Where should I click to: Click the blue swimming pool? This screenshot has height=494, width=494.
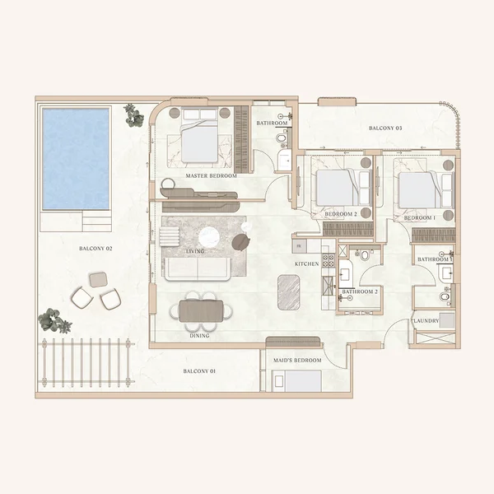(76, 158)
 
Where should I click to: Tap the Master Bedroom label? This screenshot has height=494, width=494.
(212, 176)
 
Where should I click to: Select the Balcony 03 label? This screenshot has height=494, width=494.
(385, 128)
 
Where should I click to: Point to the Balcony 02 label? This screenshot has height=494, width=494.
(96, 248)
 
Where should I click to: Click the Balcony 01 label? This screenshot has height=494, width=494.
(199, 372)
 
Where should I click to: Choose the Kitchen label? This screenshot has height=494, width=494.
(308, 263)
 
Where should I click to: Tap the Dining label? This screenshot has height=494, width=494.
(199, 335)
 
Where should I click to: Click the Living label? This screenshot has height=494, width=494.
(195, 251)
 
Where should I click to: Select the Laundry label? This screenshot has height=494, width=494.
(426, 320)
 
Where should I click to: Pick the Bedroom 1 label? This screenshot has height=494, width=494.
(422, 218)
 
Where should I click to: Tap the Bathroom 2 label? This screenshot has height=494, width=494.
(360, 291)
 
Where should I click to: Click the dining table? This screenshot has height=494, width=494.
(201, 311)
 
